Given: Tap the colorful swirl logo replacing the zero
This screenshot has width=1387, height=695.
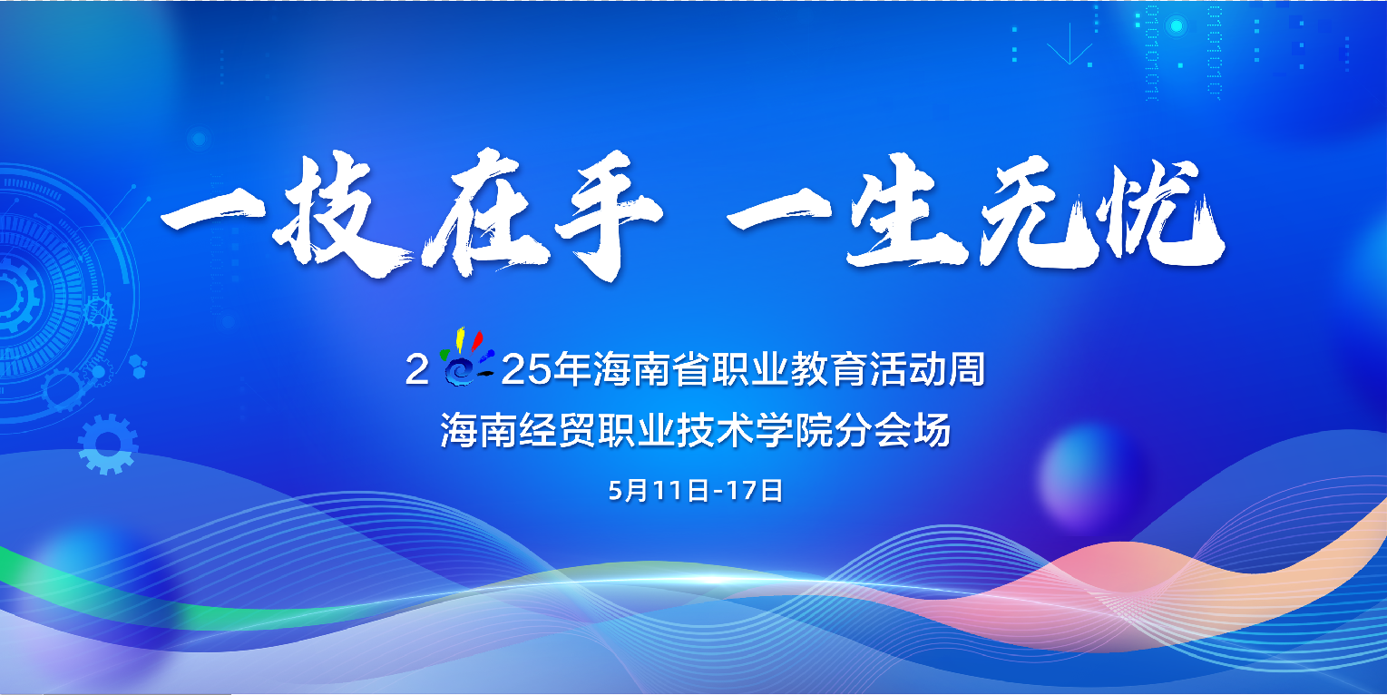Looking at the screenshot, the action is point(465,358).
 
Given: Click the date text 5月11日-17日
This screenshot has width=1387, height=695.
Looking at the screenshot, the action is point(696,491).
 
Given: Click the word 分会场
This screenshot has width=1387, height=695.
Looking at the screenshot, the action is point(893,430).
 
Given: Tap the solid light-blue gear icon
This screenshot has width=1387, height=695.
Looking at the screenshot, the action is point(108,445).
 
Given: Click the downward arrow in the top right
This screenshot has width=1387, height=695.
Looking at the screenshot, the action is point(1070,44).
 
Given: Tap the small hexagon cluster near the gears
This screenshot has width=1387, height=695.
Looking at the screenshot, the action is point(138,366).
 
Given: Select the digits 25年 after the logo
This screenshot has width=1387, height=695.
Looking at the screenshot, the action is point(545,369).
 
